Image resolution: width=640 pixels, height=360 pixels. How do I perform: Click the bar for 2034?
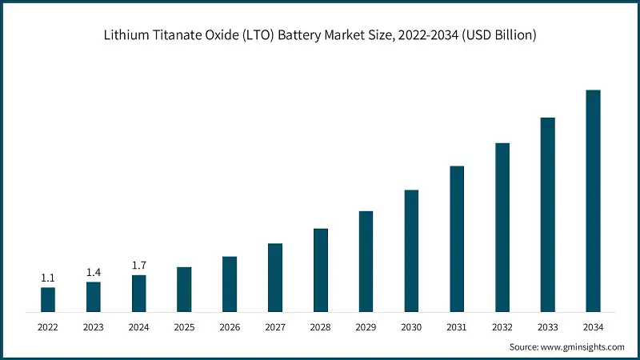593,200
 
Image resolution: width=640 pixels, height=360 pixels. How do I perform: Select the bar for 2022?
48,299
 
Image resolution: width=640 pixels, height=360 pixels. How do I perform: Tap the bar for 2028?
320,270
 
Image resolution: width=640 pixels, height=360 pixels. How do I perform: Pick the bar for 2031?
457,238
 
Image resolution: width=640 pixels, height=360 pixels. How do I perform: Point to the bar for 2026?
230,283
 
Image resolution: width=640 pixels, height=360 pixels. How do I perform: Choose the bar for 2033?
547,214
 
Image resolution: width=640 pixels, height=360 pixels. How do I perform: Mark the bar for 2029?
366,261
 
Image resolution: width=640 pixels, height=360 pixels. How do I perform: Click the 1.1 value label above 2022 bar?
48,278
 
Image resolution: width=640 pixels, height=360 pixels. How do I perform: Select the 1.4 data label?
94,272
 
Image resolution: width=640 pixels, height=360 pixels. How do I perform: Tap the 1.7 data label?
138,265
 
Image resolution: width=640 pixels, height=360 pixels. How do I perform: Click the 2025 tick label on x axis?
184,327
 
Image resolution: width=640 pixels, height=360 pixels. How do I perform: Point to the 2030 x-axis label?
411,327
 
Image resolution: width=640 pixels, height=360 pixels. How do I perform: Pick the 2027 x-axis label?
275,327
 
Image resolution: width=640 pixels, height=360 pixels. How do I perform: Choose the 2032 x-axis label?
502,327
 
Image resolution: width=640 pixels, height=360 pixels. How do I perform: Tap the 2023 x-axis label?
94,327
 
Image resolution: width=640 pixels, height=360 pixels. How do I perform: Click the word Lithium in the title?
126,35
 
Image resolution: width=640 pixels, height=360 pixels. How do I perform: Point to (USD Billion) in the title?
498,35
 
